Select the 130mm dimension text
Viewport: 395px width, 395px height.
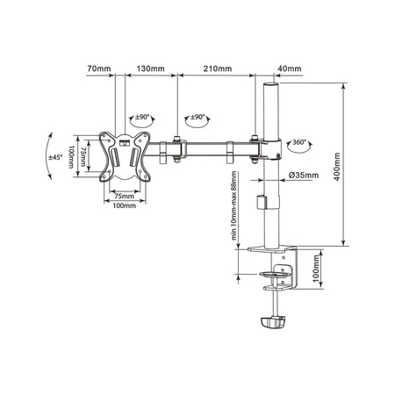click(x=149, y=68)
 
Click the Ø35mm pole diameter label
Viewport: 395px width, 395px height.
click(x=303, y=176)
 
